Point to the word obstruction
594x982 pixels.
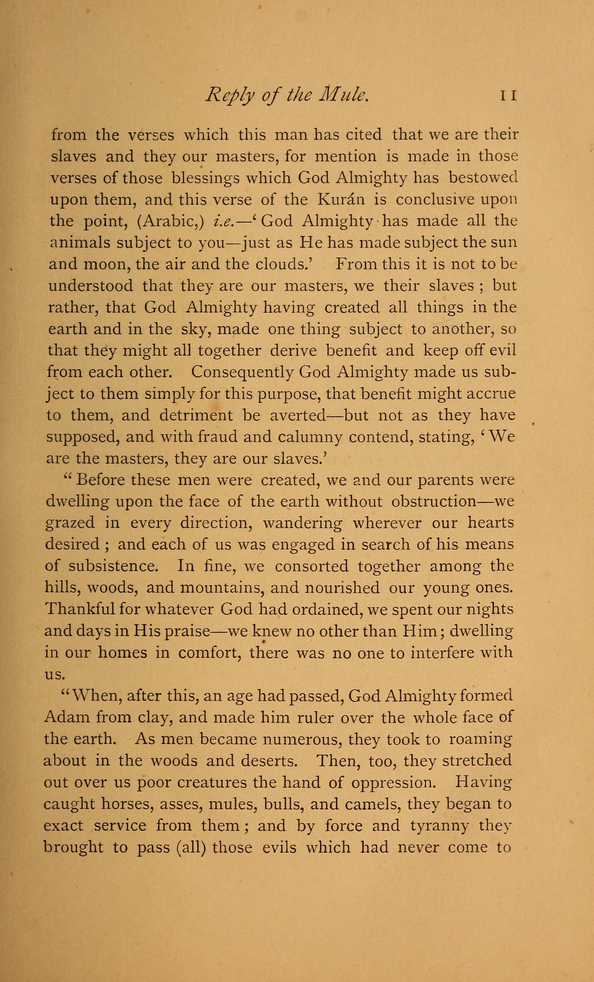pos(434,501)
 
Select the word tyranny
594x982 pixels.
pos(439,826)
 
